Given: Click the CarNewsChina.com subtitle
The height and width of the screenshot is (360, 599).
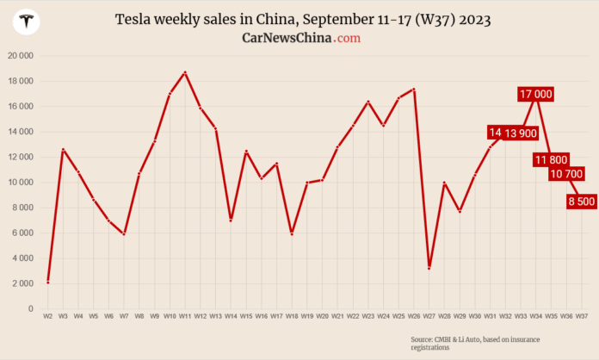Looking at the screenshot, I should pos(301,38).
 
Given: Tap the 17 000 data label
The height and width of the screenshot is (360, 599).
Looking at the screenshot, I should pos(536,94).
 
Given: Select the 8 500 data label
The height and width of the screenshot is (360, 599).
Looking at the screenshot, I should pos(580,202).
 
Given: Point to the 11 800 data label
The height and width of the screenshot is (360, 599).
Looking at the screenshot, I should pos(551,159).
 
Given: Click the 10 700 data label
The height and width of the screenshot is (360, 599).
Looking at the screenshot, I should pos(566,174).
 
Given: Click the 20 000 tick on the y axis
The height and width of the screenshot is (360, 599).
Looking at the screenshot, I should pos(19,56).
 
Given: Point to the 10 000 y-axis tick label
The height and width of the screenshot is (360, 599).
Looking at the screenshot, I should pos(19,183).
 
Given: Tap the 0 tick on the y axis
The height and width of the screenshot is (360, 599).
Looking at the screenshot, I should pos(30,308).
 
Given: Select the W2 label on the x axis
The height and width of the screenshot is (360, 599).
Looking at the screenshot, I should pos(48,317).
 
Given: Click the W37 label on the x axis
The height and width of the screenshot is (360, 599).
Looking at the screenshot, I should pos(582,317).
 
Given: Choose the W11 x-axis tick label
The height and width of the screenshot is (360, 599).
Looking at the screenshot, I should pos(185,317).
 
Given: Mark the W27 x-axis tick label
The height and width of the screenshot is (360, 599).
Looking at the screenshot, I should pos(429,317).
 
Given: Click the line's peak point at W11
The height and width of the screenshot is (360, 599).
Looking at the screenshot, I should pos(185,72).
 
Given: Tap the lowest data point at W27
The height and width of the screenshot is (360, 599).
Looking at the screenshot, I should pos(429,268).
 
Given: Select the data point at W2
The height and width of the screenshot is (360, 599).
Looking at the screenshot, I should pos(48,282).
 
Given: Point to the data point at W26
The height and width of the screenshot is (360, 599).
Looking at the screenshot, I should pos(414,89).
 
